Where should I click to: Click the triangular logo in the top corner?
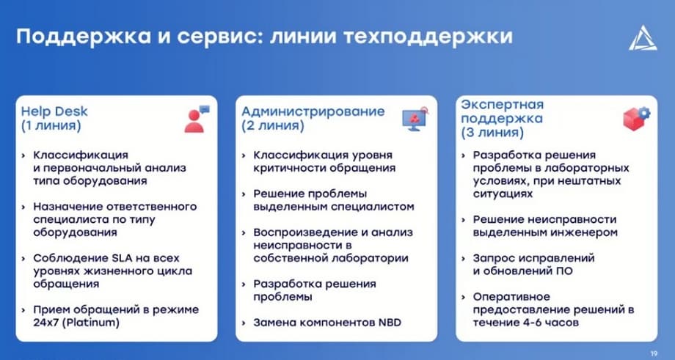(643, 38)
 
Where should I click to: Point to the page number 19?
(654, 353)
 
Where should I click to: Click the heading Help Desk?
(54, 112)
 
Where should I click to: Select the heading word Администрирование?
(313, 112)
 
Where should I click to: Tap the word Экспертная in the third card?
(503, 105)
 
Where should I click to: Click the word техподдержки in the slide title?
(428, 37)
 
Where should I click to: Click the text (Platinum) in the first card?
(90, 323)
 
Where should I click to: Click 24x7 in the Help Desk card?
(45, 323)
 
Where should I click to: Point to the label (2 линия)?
(272, 126)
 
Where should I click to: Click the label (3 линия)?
(492, 133)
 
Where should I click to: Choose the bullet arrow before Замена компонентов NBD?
(244, 323)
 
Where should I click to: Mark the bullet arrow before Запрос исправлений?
(464, 259)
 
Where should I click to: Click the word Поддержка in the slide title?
(84, 37)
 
